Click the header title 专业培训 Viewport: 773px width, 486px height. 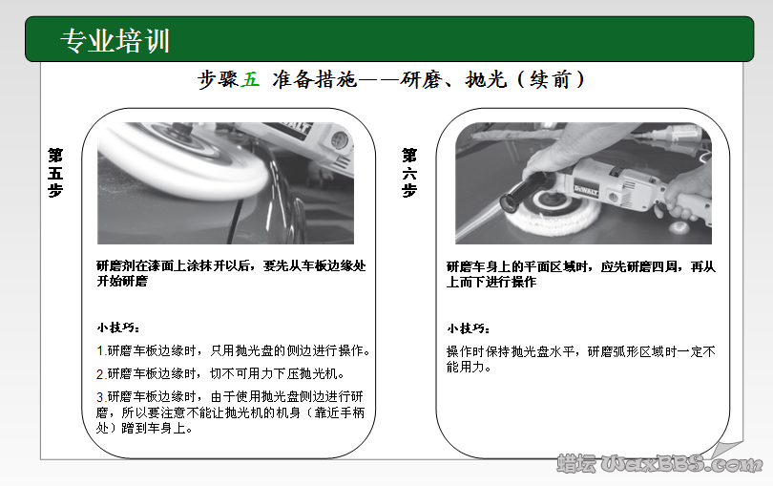(x=115, y=41)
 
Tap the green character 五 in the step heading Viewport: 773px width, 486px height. (x=251, y=80)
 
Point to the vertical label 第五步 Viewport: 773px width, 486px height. (x=55, y=172)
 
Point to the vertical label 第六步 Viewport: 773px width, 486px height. (x=409, y=172)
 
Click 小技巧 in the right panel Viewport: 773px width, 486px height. (x=467, y=328)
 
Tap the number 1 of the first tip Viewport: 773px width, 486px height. (x=100, y=350)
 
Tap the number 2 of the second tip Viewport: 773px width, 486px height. (x=100, y=373)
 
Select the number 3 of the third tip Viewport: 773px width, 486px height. (x=100, y=395)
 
